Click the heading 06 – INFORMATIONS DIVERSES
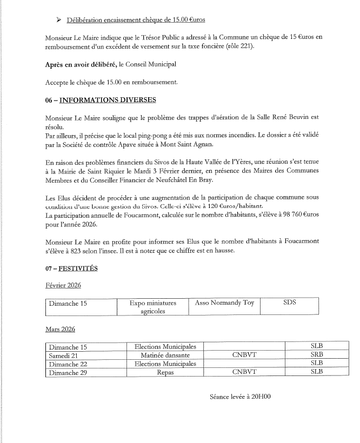(101, 100)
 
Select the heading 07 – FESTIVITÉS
(72, 269)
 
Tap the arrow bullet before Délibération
(58, 21)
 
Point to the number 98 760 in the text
(288, 216)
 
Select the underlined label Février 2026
(63, 285)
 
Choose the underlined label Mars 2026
(60, 328)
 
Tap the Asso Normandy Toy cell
(224, 303)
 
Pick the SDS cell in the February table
(289, 303)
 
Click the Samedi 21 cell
(65, 355)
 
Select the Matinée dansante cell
(165, 355)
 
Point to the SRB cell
(317, 355)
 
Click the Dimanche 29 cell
(68, 372)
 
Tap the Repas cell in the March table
(165, 372)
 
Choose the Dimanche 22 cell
(68, 364)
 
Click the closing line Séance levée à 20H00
(240, 397)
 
